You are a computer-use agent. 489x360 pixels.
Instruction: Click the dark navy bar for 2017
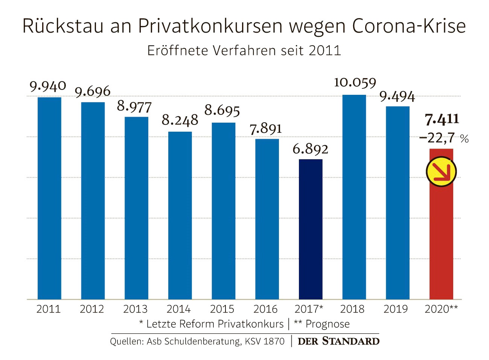click(311, 229)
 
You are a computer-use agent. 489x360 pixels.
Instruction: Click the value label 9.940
click(48, 87)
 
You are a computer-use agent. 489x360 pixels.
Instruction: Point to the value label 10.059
click(355, 82)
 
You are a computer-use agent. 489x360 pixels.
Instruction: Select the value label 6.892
click(310, 149)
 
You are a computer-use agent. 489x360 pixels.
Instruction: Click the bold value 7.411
click(442, 119)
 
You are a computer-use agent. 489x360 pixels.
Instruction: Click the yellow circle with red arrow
click(441, 172)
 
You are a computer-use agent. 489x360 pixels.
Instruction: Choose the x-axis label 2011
click(49, 309)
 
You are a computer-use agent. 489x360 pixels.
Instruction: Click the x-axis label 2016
click(265, 309)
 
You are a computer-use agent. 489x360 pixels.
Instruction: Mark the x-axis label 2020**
click(441, 309)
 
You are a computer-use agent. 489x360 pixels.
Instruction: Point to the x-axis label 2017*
click(309, 309)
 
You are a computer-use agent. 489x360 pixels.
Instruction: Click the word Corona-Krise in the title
click(409, 26)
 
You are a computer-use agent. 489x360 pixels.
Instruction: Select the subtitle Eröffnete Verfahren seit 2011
click(244, 50)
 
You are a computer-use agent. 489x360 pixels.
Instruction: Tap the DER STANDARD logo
click(338, 341)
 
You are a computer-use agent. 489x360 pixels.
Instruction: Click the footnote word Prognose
click(328, 324)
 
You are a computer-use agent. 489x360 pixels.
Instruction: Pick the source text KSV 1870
click(265, 341)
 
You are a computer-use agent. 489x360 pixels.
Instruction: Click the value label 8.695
click(222, 111)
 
